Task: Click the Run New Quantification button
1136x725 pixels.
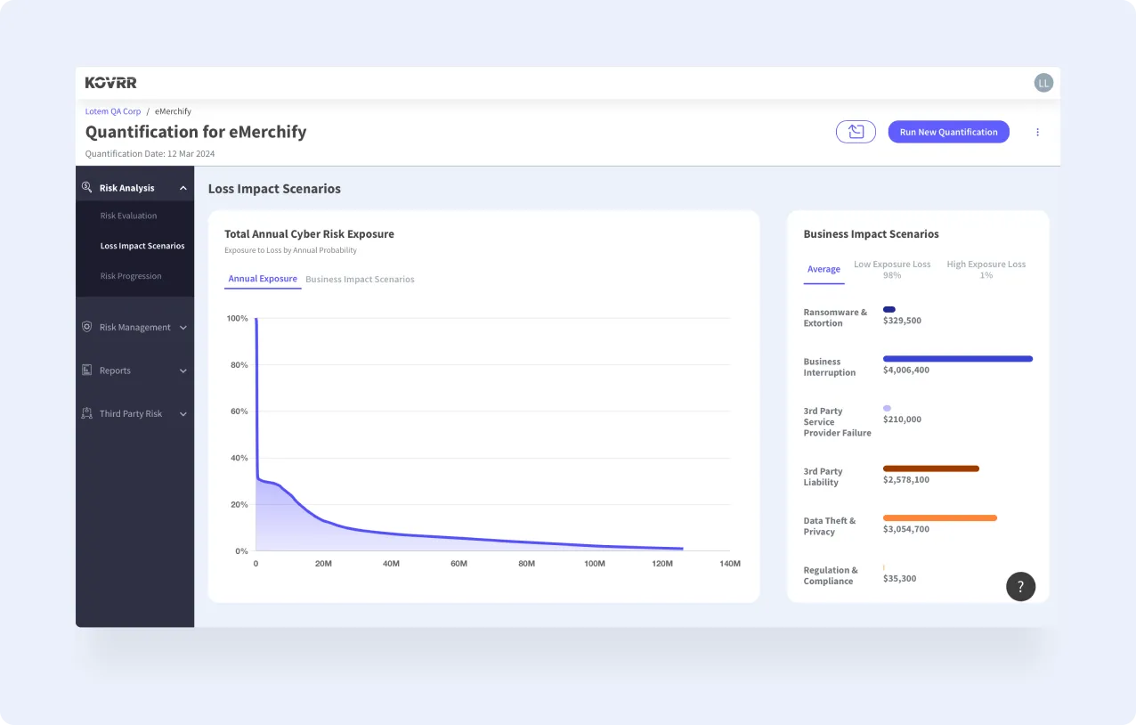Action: pyautogui.click(x=948, y=132)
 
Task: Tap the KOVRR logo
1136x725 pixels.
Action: pyautogui.click(x=111, y=83)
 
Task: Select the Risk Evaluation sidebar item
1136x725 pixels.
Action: pyautogui.click(x=128, y=216)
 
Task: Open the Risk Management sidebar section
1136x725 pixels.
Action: pyautogui.click(x=134, y=328)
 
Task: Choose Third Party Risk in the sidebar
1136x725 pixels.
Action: pyautogui.click(x=131, y=414)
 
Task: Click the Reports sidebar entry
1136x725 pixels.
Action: pyautogui.click(x=115, y=371)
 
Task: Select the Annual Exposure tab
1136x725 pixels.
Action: pyautogui.click(x=263, y=279)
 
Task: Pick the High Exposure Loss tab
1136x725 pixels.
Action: pyautogui.click(x=986, y=269)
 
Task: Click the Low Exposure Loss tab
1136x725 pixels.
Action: pyautogui.click(x=892, y=269)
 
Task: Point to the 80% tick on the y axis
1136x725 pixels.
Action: pyautogui.click(x=238, y=365)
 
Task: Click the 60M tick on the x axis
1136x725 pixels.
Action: pyautogui.click(x=458, y=564)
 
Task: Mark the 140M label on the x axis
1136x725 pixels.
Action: pyautogui.click(x=729, y=564)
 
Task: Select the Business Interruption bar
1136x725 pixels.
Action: pyautogui.click(x=957, y=359)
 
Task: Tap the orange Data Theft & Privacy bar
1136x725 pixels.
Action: pyautogui.click(x=939, y=517)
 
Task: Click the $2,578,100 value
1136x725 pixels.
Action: pyautogui.click(x=905, y=480)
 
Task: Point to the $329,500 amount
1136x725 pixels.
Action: pyautogui.click(x=902, y=321)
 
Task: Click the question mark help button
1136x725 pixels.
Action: pyautogui.click(x=1020, y=587)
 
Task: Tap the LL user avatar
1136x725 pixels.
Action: pyautogui.click(x=1043, y=83)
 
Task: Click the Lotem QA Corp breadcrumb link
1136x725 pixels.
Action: pyautogui.click(x=113, y=111)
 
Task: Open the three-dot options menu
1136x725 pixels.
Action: pyautogui.click(x=1037, y=132)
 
